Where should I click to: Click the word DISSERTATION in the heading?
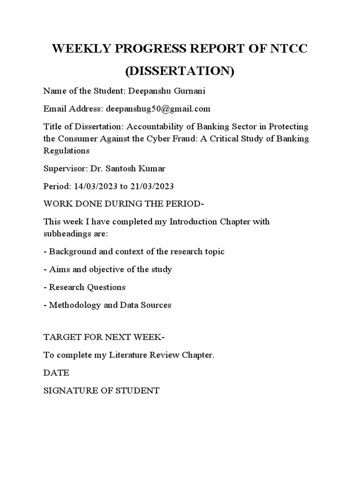(180, 71)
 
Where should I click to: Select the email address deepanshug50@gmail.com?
(158, 109)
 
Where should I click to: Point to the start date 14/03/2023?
(95, 186)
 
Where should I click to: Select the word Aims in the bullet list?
(59, 269)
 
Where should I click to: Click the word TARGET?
(60, 337)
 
